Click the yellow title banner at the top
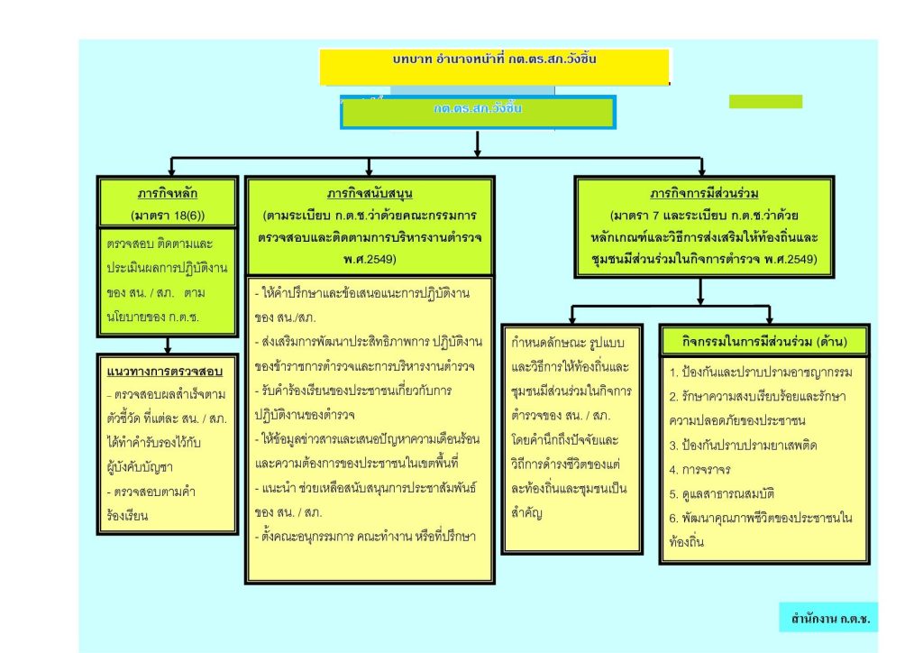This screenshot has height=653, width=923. pos(495,67)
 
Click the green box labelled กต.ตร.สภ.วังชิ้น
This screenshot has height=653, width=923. pos(478,112)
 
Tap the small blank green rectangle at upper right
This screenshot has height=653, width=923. pos(765,102)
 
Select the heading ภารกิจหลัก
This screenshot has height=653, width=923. pos(168,194)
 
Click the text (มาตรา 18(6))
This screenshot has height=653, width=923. pos(168,216)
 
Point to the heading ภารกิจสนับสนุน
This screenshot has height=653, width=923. pos(370,194)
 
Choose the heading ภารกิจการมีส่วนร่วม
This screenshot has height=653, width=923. pos(704,194)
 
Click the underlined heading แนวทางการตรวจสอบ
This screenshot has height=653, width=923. pos(165,372)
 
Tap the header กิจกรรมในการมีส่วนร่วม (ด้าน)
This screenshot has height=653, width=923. pos(764,342)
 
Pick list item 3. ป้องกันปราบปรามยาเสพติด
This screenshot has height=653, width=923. pos(743,446)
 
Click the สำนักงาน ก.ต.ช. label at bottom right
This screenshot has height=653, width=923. pos(830,619)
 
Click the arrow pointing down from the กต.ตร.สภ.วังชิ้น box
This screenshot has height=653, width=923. pos(478,143)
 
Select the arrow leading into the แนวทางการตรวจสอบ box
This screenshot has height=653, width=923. pos(168,345)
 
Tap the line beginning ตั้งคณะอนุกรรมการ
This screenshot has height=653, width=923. pos(366,537)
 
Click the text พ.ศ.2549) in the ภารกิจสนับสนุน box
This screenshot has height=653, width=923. pos(370,259)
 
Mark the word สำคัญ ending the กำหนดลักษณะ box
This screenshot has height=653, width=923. pos(526,513)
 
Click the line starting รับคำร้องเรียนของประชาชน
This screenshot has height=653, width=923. pos(353,391)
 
